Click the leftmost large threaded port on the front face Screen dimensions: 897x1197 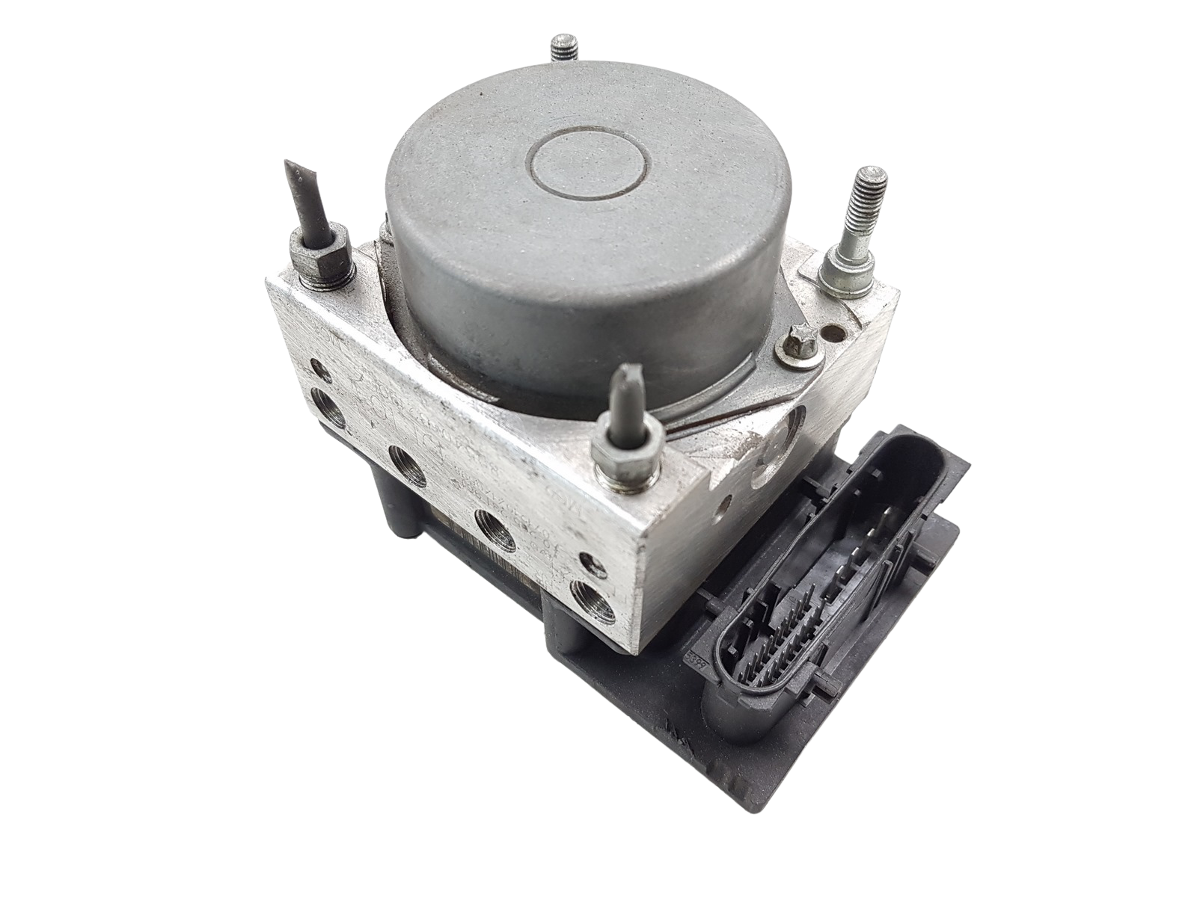[328, 411]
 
